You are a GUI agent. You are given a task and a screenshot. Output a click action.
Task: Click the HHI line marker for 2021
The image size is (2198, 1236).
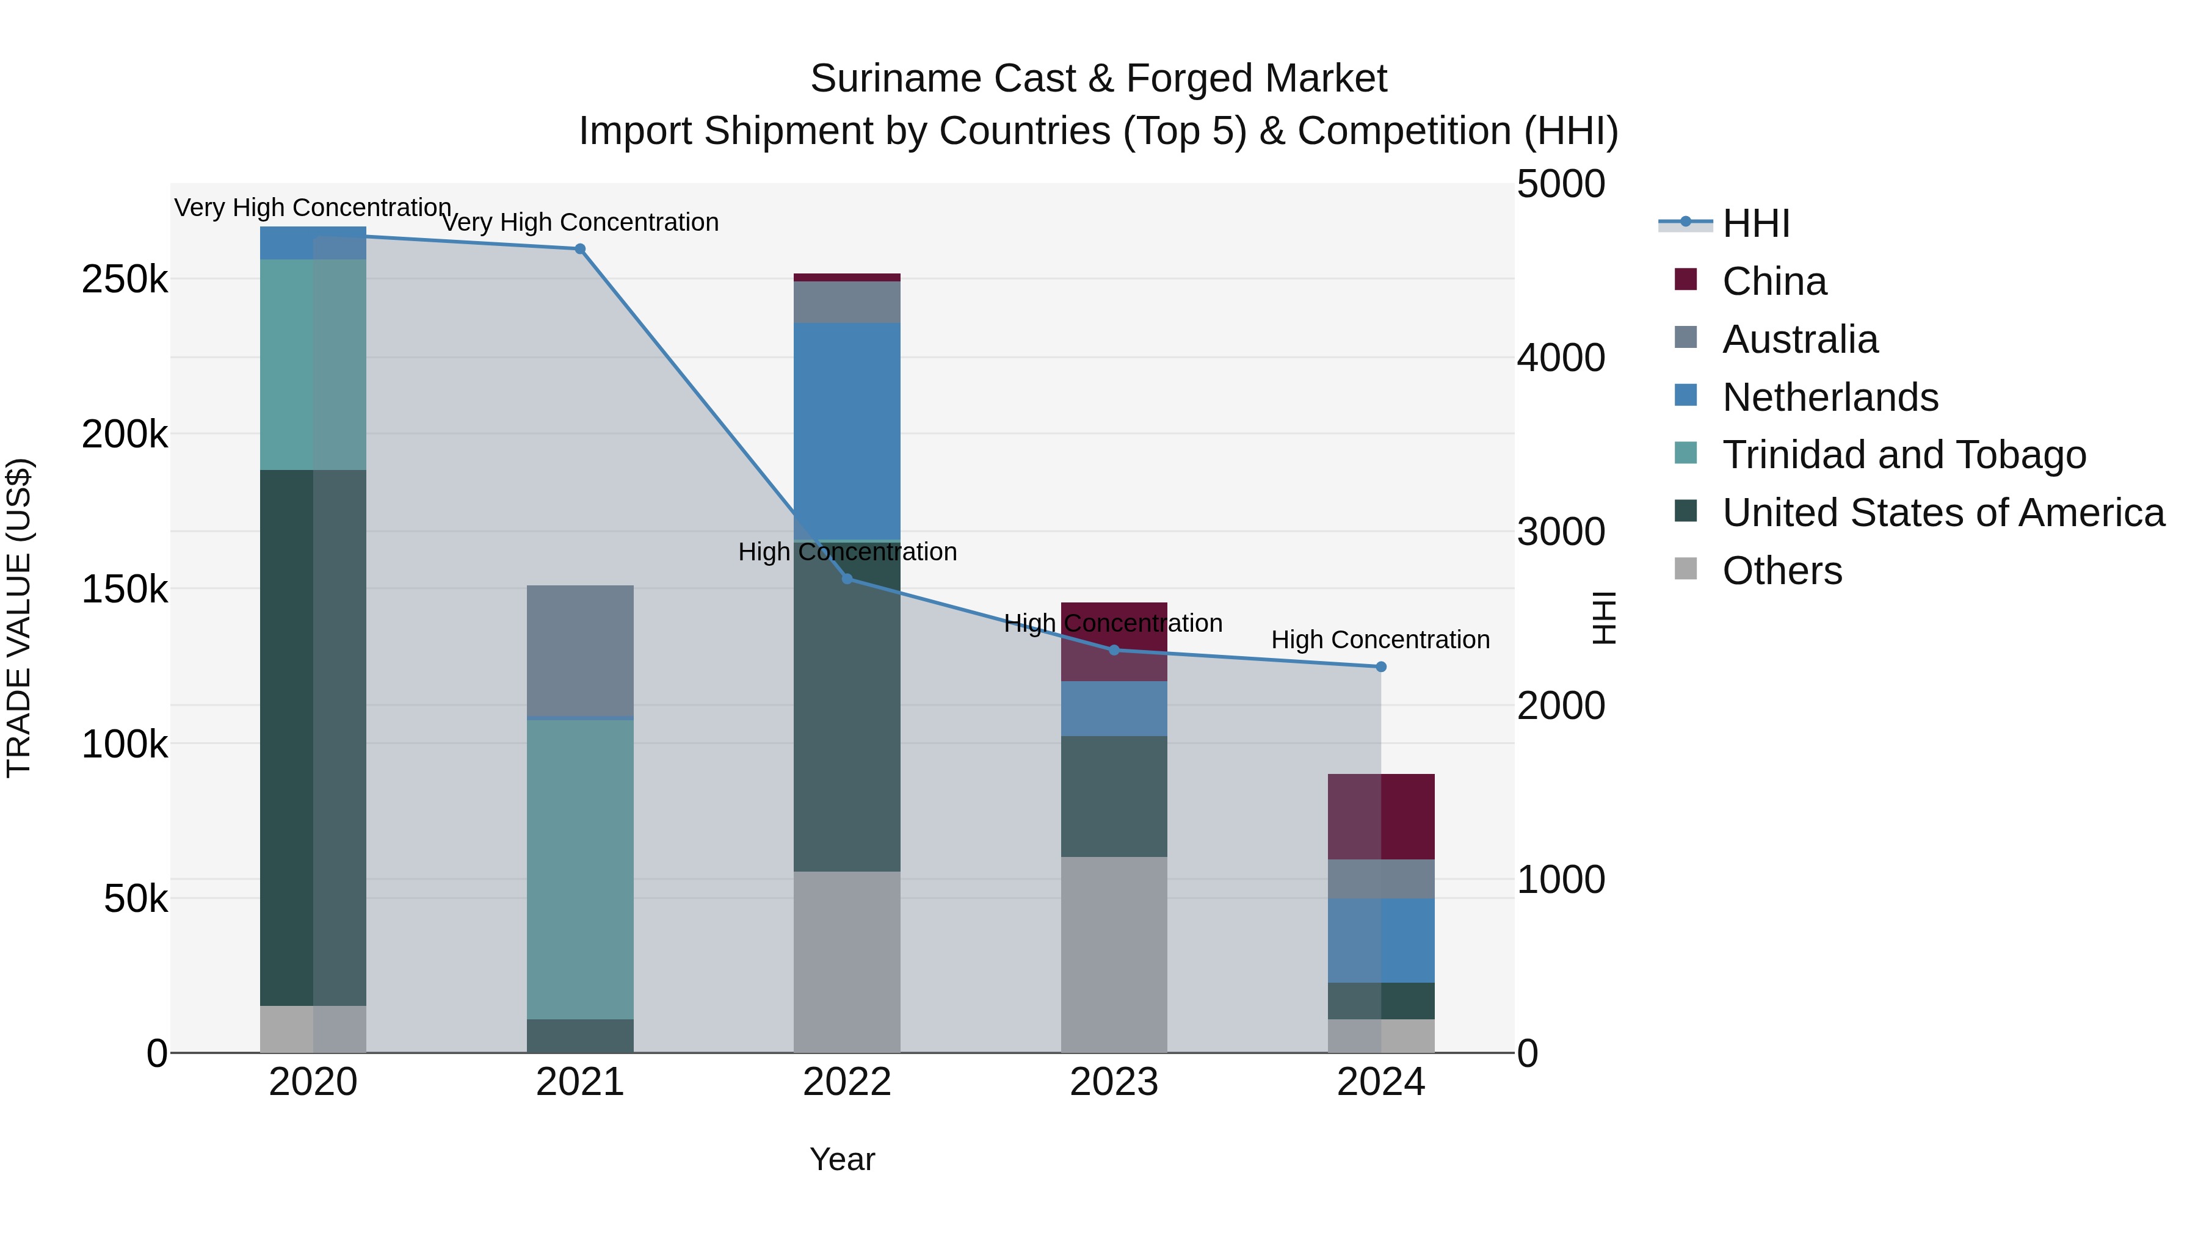coord(579,249)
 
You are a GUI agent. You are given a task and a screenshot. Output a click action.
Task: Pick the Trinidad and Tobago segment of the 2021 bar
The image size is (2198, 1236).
coord(579,869)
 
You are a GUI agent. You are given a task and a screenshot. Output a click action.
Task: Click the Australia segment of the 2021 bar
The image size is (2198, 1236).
coord(579,650)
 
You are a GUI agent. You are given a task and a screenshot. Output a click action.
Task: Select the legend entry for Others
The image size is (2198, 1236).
coord(1782,571)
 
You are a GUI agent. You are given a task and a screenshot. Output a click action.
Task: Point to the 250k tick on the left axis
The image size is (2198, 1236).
coord(125,280)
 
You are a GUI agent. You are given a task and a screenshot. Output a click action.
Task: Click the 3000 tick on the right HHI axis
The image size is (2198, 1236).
coord(1561,532)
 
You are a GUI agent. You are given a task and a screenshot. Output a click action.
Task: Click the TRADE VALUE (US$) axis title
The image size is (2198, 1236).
coord(19,618)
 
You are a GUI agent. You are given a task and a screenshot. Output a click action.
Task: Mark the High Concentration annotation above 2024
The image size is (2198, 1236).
coord(1380,640)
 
